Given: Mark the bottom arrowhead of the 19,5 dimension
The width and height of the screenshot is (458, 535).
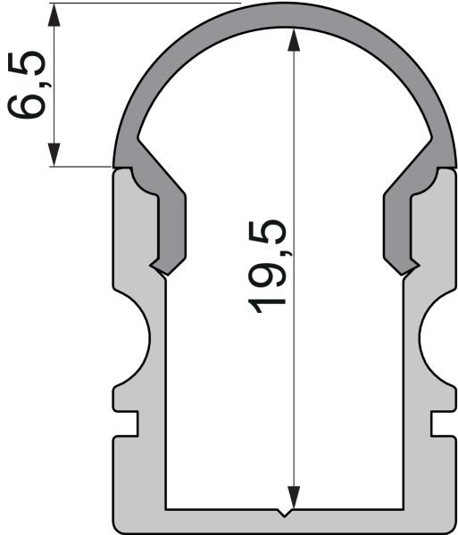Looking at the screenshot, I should tap(292, 499).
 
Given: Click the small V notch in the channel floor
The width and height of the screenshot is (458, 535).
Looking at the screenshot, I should tap(284, 514).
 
